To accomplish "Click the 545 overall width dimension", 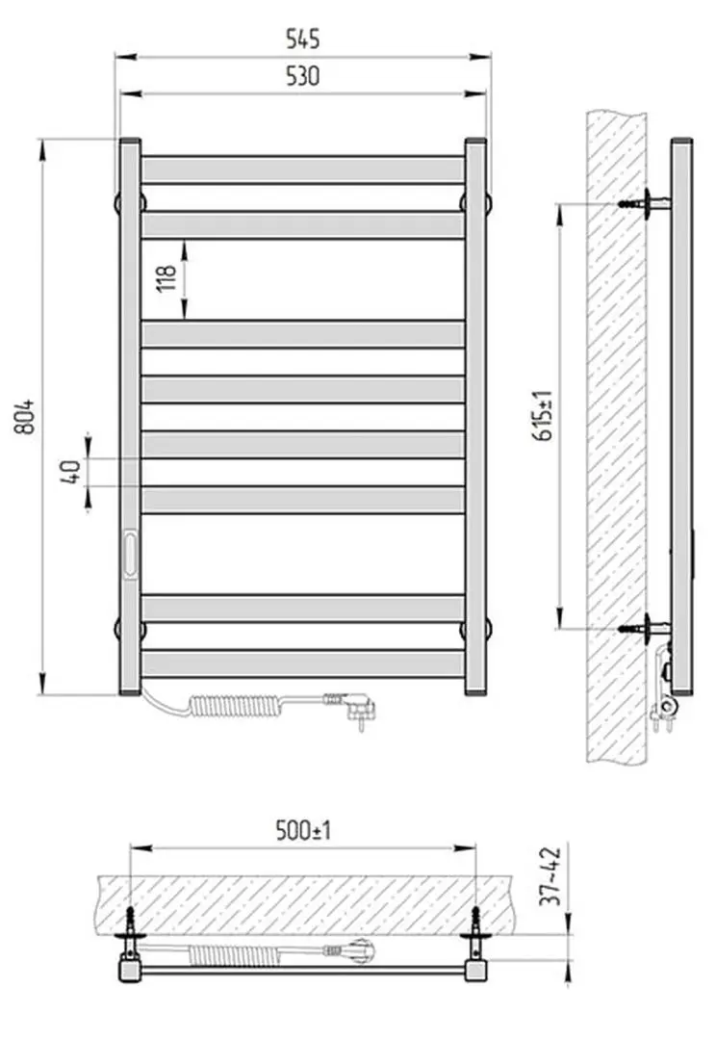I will [302, 39].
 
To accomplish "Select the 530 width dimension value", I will [302, 77].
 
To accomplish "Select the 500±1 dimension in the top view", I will [302, 830].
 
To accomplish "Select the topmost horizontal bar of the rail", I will [302, 169].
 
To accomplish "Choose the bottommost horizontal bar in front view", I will [302, 663].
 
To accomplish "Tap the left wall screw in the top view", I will [130, 920].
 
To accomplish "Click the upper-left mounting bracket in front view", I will [119, 203].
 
